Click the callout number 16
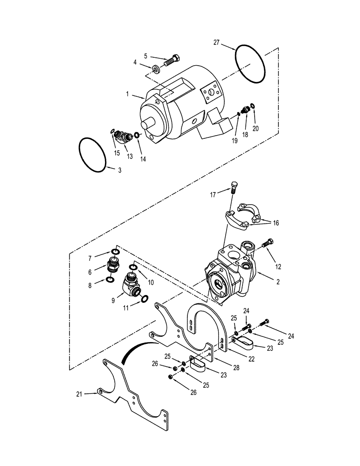coord(275,223)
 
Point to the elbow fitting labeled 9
coord(132,284)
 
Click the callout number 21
coord(79,394)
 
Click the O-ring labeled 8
coord(110,279)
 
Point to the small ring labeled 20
coord(252,107)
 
